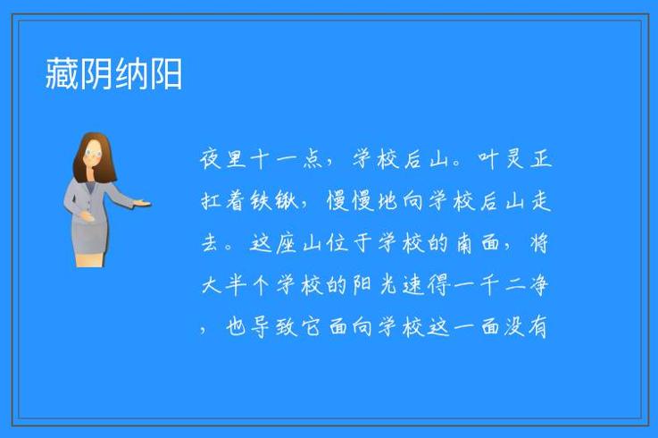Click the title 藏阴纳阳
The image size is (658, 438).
tap(114, 74)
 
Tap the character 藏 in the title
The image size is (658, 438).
tap(62, 74)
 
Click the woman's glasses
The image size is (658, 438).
tap(93, 154)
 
